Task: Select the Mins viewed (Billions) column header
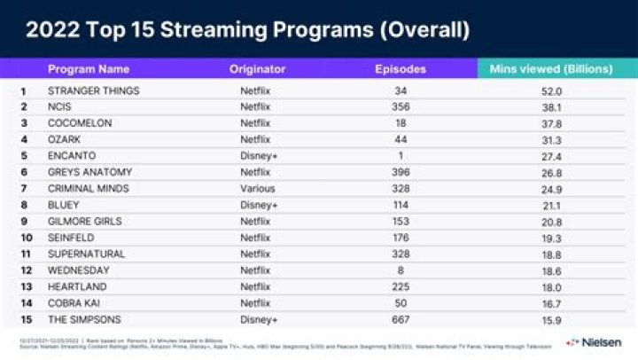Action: (x=549, y=69)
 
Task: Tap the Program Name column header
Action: (x=89, y=69)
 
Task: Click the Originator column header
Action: (x=258, y=69)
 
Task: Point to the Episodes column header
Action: (x=401, y=69)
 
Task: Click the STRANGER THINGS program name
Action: (x=94, y=90)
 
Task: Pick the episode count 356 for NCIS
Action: (x=401, y=106)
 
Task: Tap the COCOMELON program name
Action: (x=80, y=122)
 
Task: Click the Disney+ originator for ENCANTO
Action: (x=259, y=155)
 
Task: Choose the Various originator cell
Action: (x=258, y=188)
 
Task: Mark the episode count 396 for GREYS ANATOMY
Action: (x=401, y=172)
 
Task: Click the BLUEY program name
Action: (x=65, y=205)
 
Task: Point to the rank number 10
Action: (x=26, y=238)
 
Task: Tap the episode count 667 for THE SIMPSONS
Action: (x=401, y=318)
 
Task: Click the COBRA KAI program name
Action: (x=74, y=302)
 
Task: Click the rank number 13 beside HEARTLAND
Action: (x=26, y=286)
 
